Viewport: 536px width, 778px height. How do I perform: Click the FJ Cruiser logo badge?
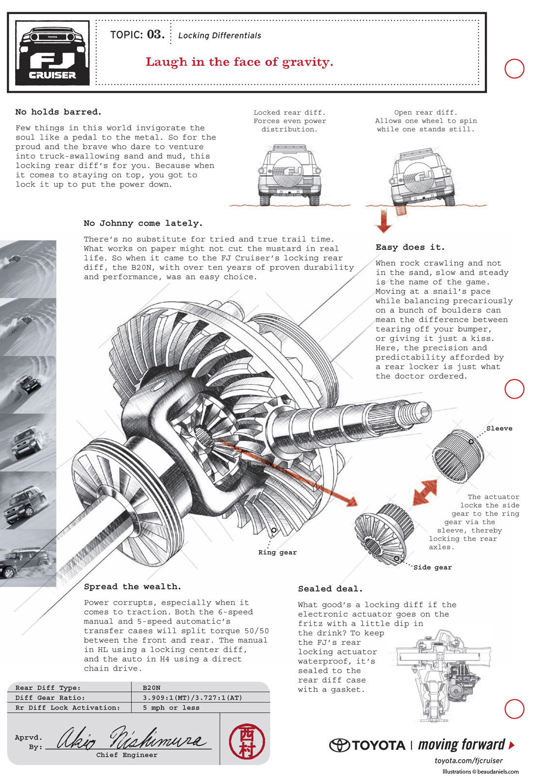52,53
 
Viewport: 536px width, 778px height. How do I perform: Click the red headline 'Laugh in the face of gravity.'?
239,62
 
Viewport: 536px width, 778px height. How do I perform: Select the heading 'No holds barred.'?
58,112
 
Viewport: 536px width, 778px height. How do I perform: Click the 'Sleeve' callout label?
499,428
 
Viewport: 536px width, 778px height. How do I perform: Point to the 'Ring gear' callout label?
277,552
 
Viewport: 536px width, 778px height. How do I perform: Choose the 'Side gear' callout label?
432,567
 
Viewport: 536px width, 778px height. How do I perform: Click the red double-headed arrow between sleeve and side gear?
425,493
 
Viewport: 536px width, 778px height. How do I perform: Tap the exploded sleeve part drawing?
458,455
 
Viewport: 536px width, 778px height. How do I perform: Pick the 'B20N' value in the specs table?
151,688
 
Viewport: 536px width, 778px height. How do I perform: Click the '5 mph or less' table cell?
171,707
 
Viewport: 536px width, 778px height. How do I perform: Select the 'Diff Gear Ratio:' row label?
50,697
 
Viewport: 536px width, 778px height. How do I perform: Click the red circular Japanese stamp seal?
247,741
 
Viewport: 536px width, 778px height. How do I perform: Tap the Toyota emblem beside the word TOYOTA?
339,745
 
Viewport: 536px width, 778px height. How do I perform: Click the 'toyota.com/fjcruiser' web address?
469,760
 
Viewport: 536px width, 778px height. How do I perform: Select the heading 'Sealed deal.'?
331,589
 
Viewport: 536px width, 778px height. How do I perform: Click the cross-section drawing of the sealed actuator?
444,674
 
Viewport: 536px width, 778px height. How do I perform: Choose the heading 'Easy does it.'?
410,248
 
